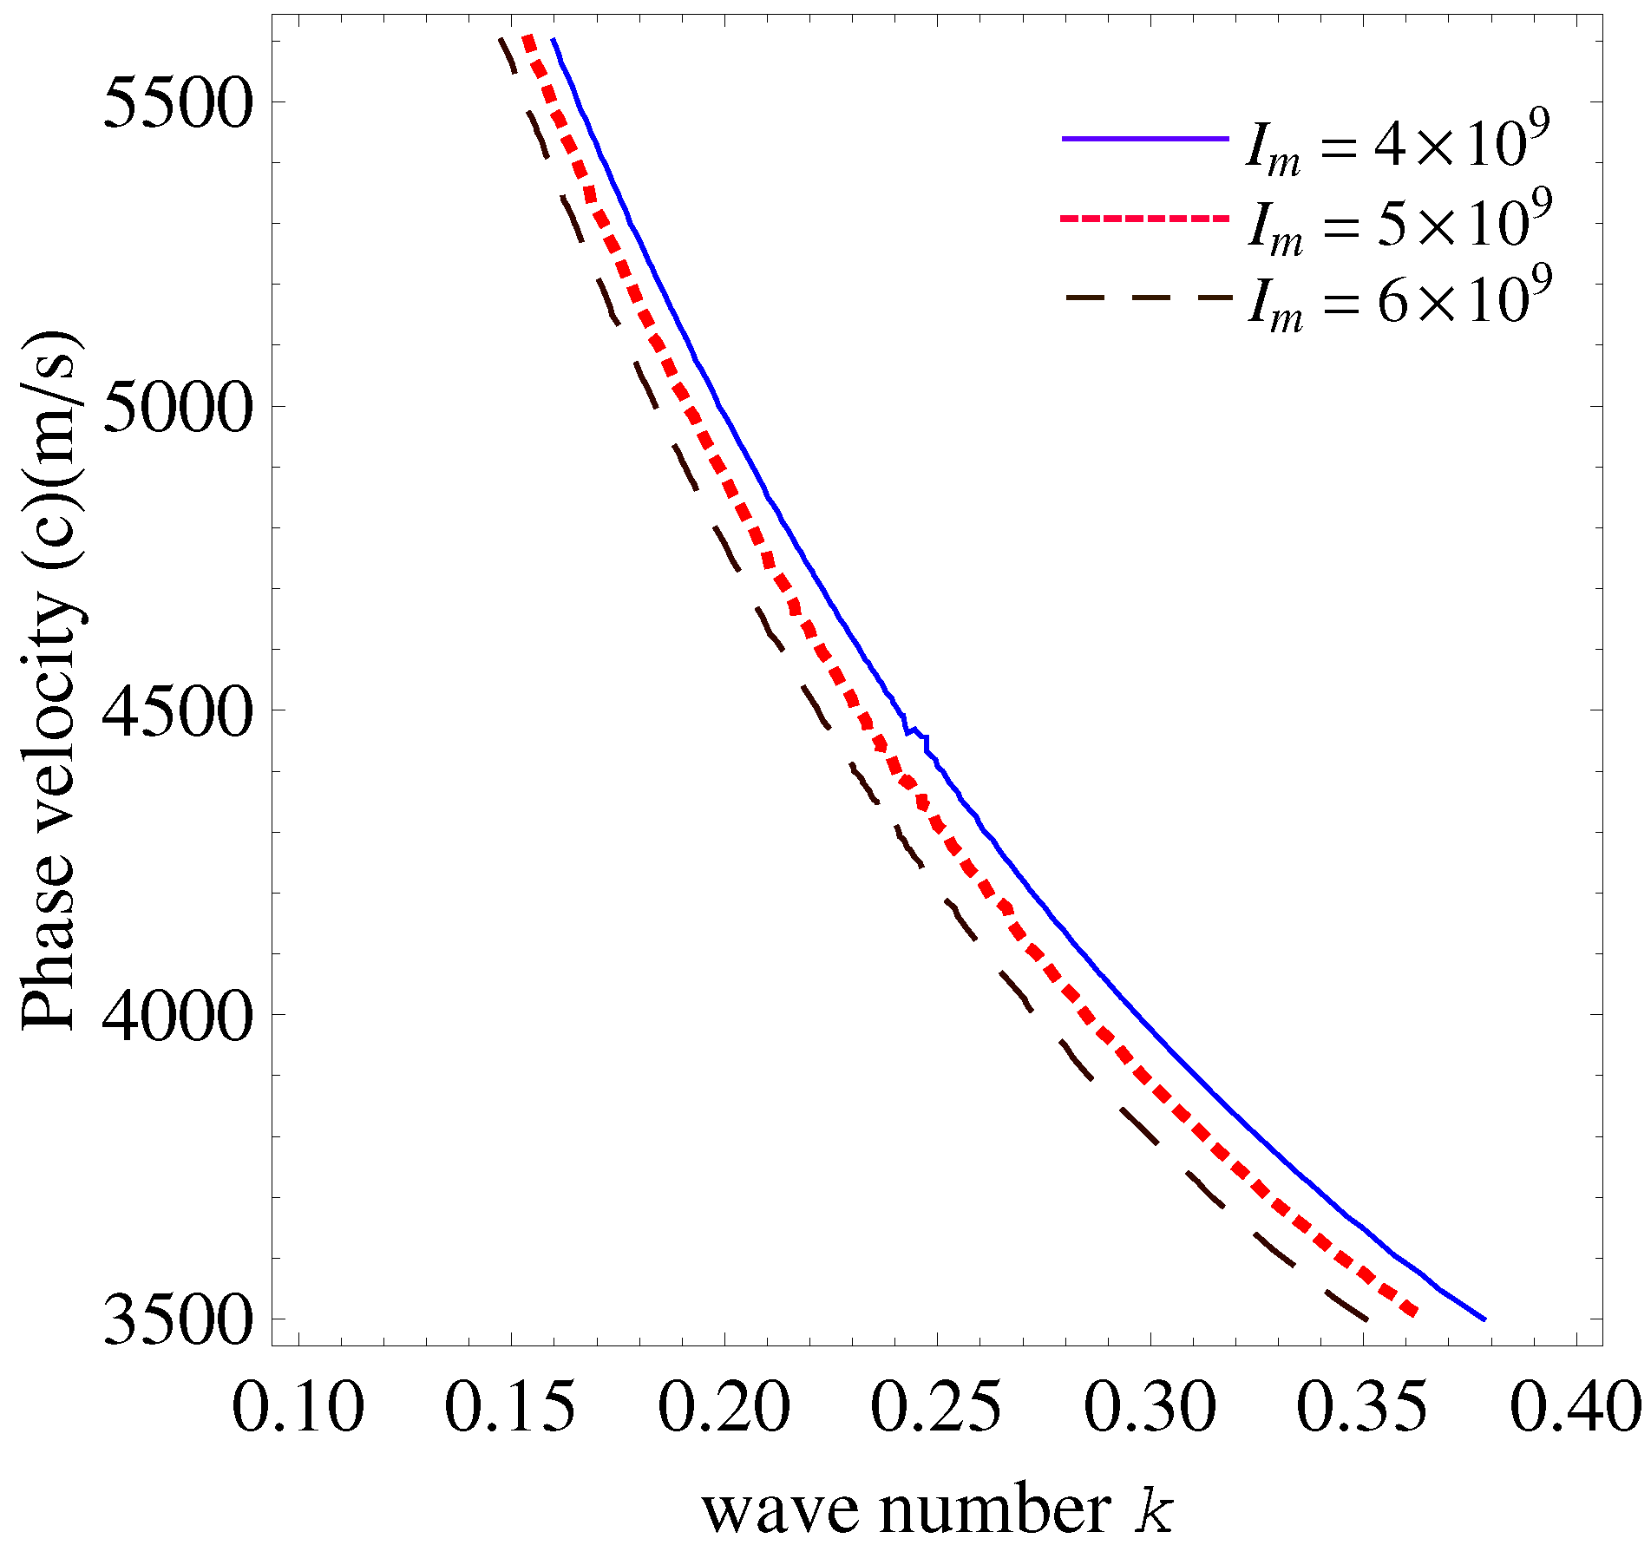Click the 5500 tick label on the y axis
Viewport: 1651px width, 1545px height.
coord(178,103)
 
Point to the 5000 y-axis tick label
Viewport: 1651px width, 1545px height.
coord(178,407)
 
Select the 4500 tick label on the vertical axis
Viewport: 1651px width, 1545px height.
coord(178,711)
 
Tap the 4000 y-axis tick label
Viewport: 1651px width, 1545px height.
coord(178,1015)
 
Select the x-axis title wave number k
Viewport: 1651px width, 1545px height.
coord(937,1510)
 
